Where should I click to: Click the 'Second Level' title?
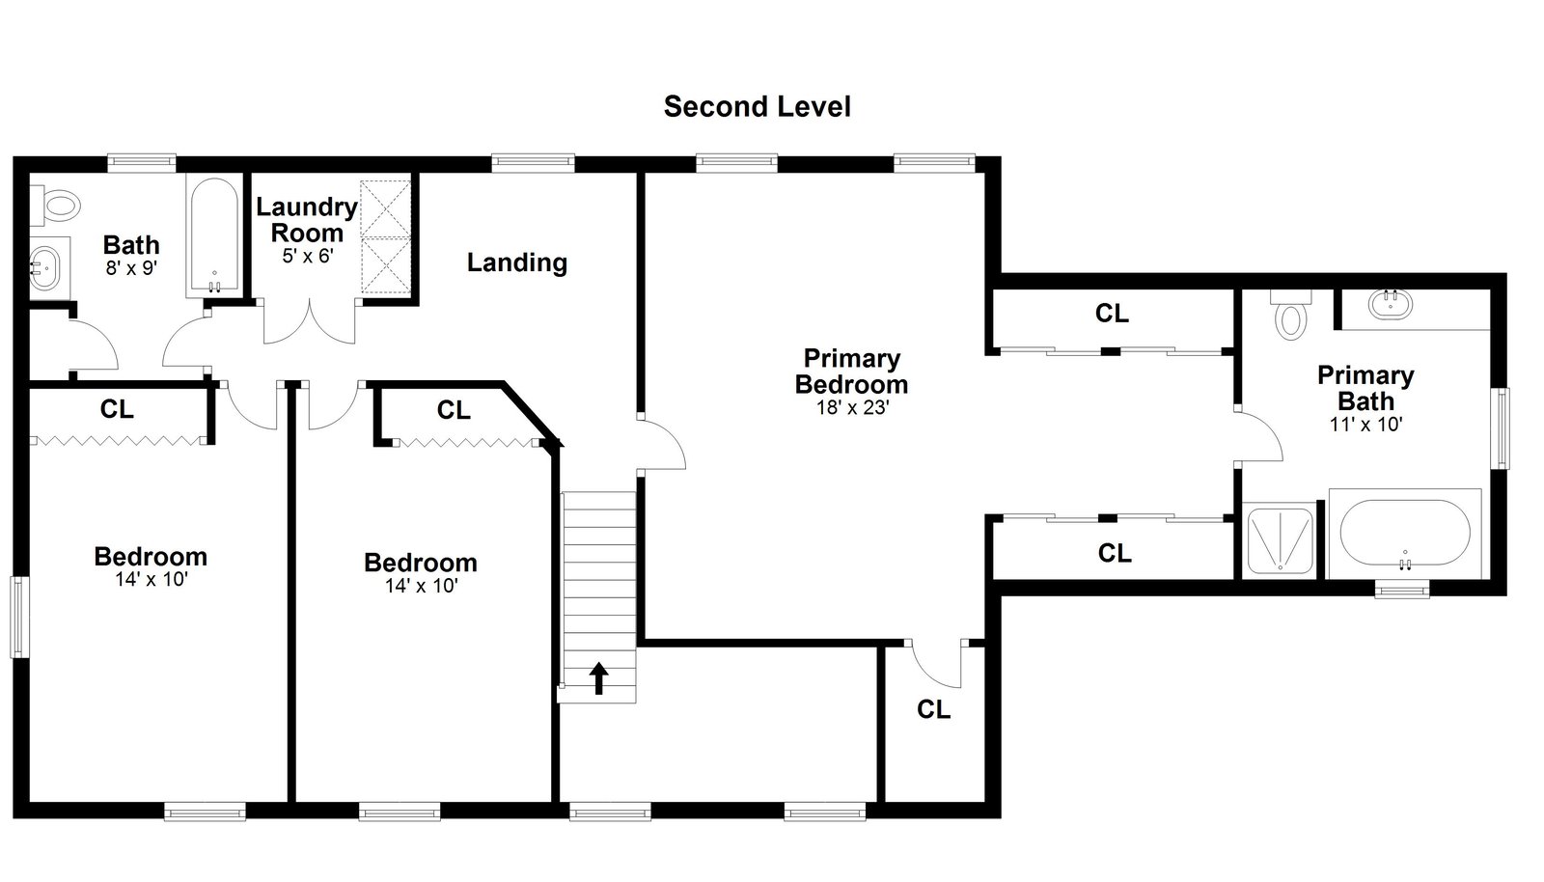(x=757, y=107)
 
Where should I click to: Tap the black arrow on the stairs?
(x=599, y=678)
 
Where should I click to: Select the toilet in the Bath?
(x=56, y=206)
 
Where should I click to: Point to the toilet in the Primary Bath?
(x=1291, y=316)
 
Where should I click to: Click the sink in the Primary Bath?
(x=1391, y=304)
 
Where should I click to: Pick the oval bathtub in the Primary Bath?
(x=1405, y=534)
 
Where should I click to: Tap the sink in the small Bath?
(x=47, y=268)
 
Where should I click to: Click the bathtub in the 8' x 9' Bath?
(x=214, y=234)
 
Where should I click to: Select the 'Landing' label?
(x=517, y=262)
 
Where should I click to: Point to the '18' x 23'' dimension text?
(x=853, y=408)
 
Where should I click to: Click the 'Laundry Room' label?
(x=307, y=220)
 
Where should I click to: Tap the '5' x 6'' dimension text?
(x=308, y=257)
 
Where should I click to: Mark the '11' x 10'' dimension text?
(x=1366, y=425)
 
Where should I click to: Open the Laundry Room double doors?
(x=310, y=321)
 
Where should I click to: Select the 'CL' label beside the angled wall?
(x=454, y=410)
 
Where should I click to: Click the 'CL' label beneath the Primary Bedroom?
(x=934, y=709)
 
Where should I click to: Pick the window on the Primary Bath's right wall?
(x=1501, y=428)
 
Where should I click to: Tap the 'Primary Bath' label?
(x=1366, y=388)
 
